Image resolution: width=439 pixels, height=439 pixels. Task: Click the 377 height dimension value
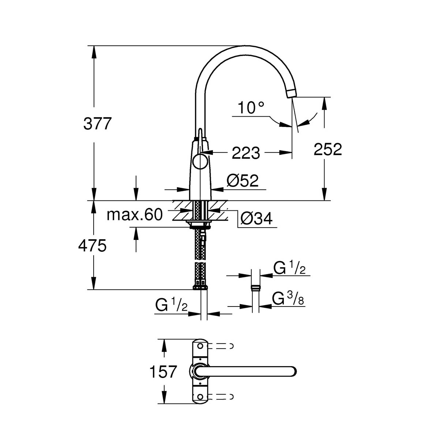(97, 124)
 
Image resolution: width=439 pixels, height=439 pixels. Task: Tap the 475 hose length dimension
(92, 245)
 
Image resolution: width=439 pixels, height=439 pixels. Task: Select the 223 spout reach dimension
(246, 153)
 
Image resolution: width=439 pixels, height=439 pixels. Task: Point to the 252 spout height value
(328, 149)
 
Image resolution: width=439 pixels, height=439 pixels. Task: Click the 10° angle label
(251, 108)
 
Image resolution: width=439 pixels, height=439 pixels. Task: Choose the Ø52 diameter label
(243, 181)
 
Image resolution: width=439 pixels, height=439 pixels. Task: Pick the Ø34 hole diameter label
(256, 219)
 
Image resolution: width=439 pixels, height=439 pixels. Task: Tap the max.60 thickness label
(134, 215)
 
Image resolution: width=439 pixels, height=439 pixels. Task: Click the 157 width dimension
(163, 372)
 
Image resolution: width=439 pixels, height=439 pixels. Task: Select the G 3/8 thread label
(289, 299)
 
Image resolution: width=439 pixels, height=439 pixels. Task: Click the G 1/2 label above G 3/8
(289, 269)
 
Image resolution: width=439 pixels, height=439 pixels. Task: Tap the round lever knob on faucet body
(200, 161)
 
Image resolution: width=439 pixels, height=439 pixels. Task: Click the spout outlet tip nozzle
(292, 93)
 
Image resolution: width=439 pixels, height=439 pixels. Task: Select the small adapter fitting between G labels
(256, 288)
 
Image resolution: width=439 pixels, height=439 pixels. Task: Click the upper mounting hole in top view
(200, 346)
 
